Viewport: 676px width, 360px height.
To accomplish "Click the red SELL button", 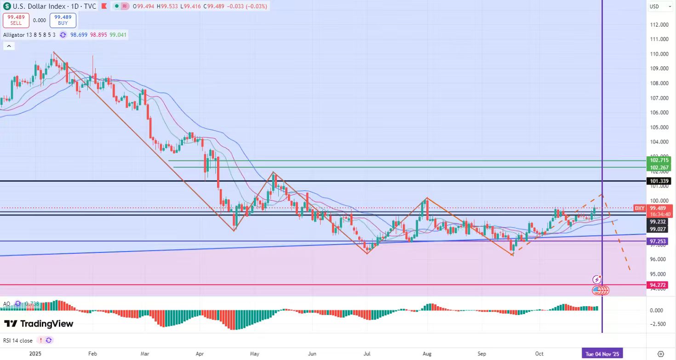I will tap(16, 20).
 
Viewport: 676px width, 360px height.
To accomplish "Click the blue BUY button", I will tap(63, 20).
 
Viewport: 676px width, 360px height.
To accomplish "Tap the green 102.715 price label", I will tap(659, 160).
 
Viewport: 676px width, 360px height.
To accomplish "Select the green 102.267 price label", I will tap(659, 167).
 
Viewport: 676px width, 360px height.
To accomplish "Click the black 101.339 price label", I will tap(659, 181).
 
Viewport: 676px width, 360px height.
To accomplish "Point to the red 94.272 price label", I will tap(659, 285).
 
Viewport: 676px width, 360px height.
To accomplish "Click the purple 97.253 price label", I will tap(659, 241).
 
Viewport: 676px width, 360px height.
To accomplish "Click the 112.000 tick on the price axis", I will tap(659, 24).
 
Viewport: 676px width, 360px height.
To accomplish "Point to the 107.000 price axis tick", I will tap(659, 98).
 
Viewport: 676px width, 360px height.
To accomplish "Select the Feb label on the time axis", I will tap(93, 354).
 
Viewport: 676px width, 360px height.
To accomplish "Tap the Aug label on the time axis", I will tap(427, 354).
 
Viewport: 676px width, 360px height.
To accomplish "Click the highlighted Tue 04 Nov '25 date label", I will tap(602, 354).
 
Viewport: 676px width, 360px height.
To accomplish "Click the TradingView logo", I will tap(39, 324).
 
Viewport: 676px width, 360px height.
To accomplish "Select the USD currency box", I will tap(654, 6).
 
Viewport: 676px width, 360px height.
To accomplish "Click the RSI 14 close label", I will tap(18, 340).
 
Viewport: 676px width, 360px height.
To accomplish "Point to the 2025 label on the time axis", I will tap(35, 354).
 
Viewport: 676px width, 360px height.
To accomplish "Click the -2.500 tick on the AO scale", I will tap(658, 324).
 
